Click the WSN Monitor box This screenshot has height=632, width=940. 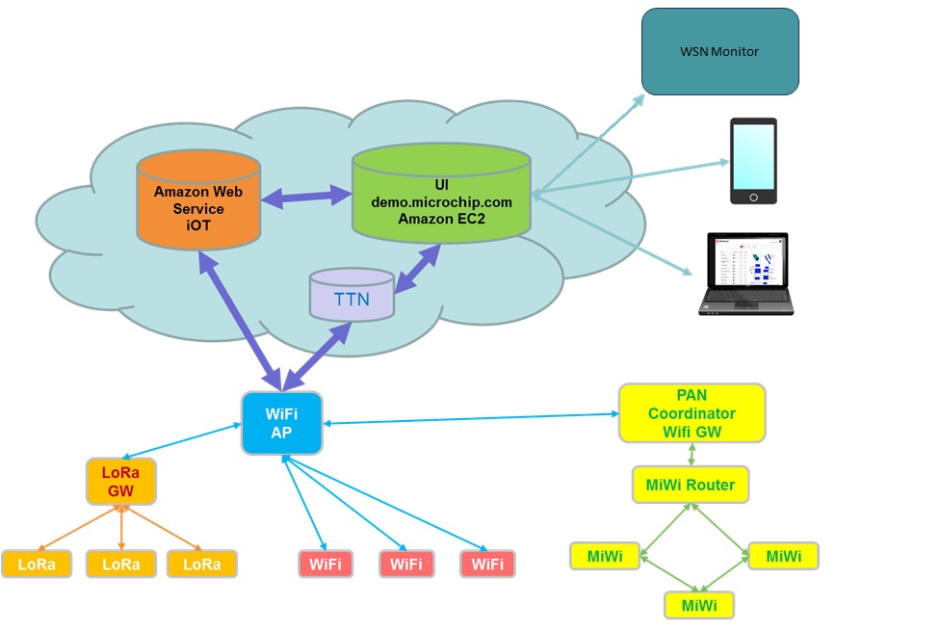(720, 51)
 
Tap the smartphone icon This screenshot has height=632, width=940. (752, 161)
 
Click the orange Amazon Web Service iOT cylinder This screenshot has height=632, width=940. (197, 199)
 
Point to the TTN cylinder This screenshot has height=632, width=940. (352, 296)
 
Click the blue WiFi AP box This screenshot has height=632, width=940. (281, 423)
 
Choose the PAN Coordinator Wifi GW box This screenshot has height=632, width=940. (692, 413)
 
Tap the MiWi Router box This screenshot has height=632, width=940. (690, 485)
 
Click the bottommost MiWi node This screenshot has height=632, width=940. (699, 604)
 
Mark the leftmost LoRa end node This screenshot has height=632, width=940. (36, 564)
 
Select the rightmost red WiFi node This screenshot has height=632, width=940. (487, 564)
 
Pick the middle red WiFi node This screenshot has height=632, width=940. (406, 564)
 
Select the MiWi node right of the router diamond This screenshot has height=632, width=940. (783, 556)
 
